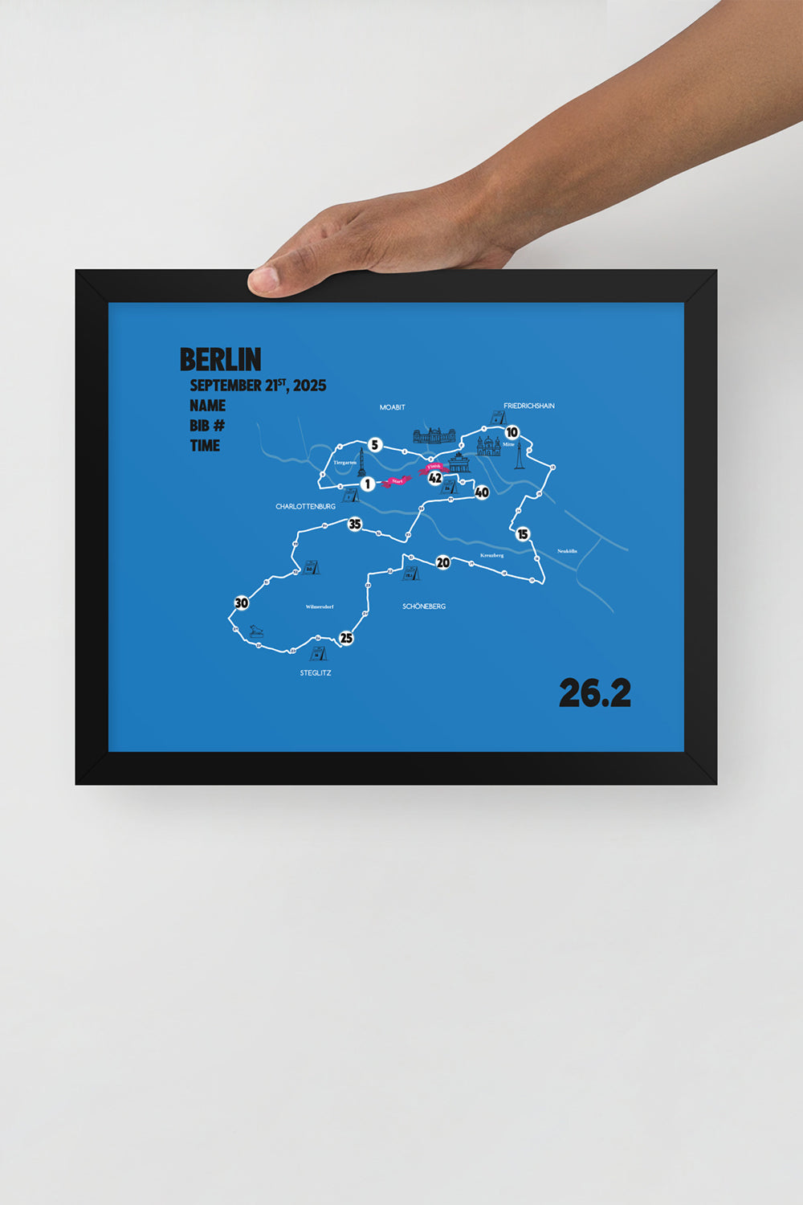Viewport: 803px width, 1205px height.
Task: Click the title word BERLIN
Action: click(220, 359)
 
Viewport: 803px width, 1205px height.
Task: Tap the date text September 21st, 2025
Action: click(258, 386)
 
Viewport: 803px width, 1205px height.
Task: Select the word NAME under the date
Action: click(207, 406)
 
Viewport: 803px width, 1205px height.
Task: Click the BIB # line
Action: click(207, 426)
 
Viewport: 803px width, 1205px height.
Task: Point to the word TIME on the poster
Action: click(205, 446)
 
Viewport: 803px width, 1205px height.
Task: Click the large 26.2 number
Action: click(594, 693)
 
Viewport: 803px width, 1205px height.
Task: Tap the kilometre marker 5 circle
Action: click(374, 444)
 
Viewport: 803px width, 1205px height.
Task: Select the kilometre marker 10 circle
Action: click(512, 433)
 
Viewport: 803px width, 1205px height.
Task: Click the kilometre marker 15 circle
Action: click(523, 534)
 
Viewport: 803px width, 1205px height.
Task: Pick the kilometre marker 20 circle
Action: click(443, 562)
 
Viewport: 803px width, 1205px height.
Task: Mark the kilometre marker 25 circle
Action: click(346, 639)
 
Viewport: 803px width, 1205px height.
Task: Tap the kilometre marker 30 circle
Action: click(241, 603)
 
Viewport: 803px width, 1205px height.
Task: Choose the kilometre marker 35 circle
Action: click(354, 525)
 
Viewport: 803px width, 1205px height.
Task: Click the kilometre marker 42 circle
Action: click(435, 478)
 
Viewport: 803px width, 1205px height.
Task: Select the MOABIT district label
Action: click(393, 407)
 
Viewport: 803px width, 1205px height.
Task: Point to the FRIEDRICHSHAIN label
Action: click(529, 406)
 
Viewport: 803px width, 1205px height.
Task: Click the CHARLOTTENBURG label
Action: click(305, 507)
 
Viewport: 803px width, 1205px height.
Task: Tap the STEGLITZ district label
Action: click(316, 673)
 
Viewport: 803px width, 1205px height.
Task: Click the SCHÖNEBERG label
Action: click(424, 607)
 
